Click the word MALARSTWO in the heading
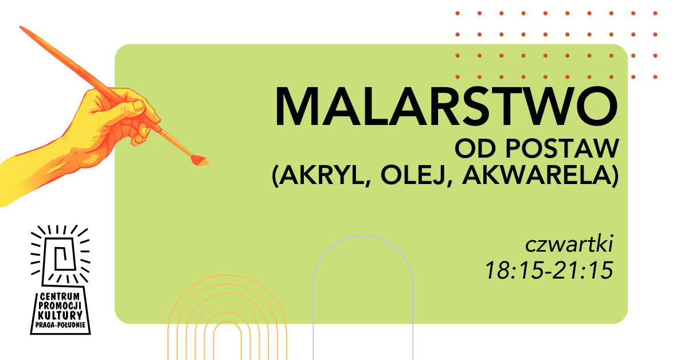446,107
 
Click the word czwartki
569,246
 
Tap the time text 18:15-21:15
549,271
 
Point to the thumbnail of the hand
138,107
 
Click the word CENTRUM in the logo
61,298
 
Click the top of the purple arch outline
362,237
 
